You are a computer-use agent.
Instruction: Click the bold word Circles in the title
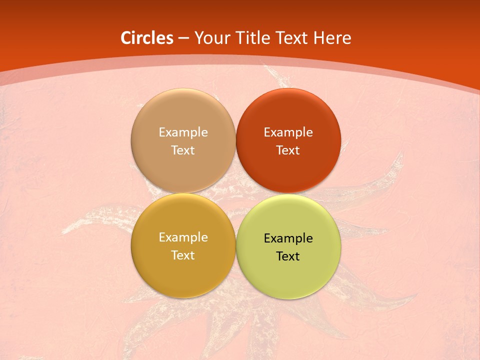pos(146,38)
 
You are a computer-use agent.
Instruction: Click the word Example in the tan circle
pos(183,132)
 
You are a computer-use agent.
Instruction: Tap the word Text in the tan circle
pos(183,150)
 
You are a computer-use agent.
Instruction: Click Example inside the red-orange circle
pos(288,132)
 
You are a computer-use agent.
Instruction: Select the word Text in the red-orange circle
pos(288,150)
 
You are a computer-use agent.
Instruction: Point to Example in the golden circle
pos(183,237)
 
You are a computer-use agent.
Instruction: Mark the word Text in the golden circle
pos(183,255)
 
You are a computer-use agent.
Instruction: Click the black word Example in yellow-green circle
pos(288,238)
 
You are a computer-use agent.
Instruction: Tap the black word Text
pos(288,256)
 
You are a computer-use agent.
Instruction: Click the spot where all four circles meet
pos(235,193)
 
